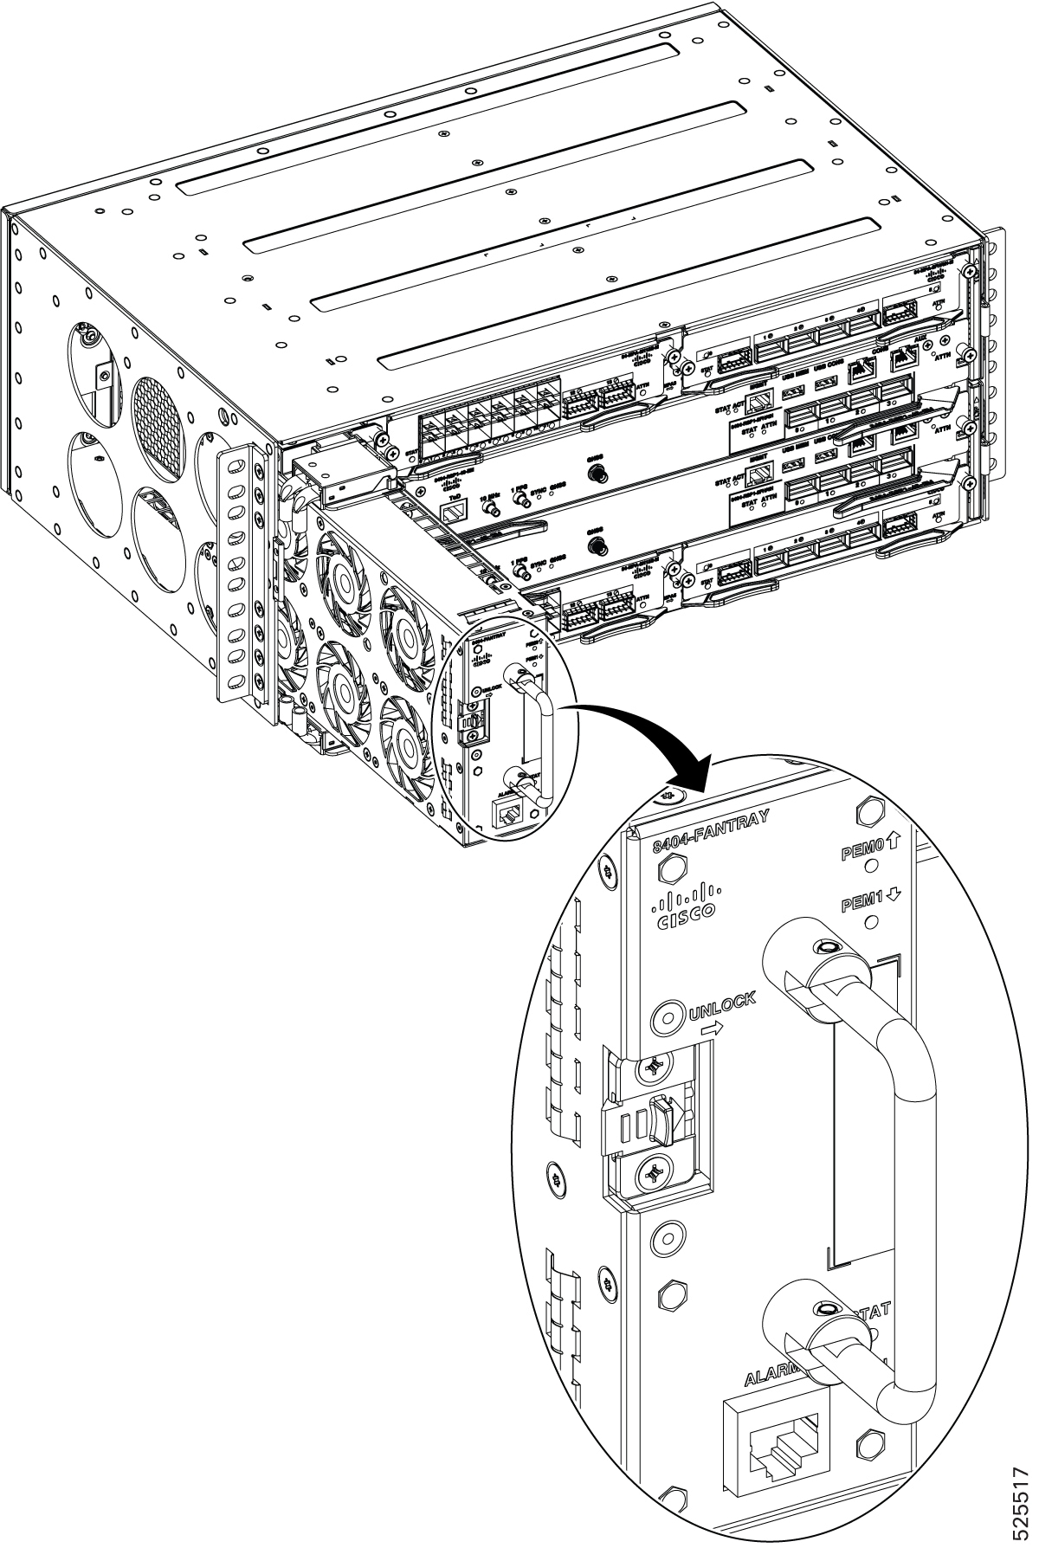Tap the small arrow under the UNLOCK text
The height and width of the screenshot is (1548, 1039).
711,1030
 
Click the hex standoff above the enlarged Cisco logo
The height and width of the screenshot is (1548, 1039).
668,867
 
